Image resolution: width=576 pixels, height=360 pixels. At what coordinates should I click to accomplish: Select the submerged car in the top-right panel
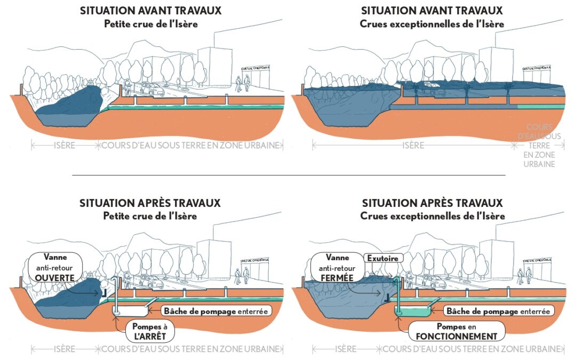pyautogui.click(x=431, y=85)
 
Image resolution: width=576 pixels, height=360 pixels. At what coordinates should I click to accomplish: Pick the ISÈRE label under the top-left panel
pyautogui.click(x=65, y=145)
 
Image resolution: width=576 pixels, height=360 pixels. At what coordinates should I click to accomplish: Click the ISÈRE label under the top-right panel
pyautogui.click(x=413, y=145)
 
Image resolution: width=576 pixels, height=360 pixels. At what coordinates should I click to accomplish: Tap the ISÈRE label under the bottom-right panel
pyautogui.click(x=346, y=349)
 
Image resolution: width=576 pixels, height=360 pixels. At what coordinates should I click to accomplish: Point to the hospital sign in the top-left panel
pyautogui.click(x=255, y=69)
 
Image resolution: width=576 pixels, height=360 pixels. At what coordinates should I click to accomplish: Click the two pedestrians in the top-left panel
pyautogui.click(x=242, y=83)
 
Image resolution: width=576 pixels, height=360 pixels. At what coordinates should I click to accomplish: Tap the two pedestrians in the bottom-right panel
pyautogui.click(x=524, y=276)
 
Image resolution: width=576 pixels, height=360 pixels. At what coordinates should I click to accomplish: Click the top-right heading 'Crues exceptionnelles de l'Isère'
pyautogui.click(x=432, y=24)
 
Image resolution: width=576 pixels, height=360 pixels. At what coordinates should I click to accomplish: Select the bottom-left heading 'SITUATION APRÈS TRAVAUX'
pyautogui.click(x=150, y=203)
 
